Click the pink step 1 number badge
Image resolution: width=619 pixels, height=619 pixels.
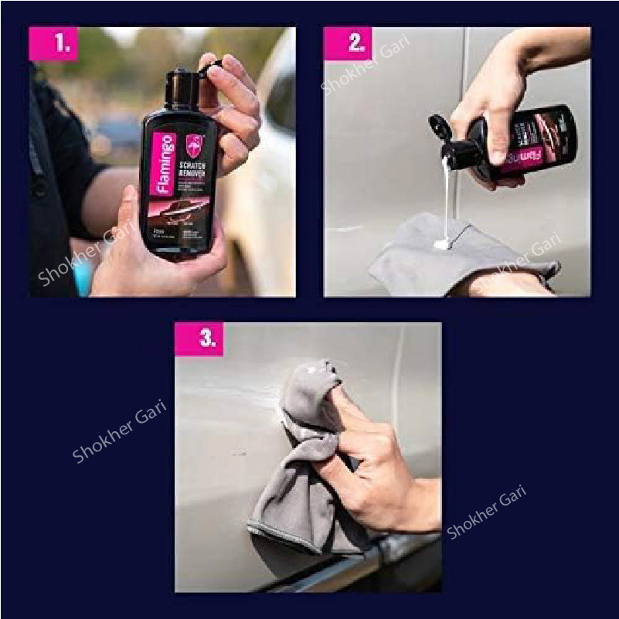[x=53, y=44]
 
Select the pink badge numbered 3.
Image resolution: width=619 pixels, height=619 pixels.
[x=199, y=339]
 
